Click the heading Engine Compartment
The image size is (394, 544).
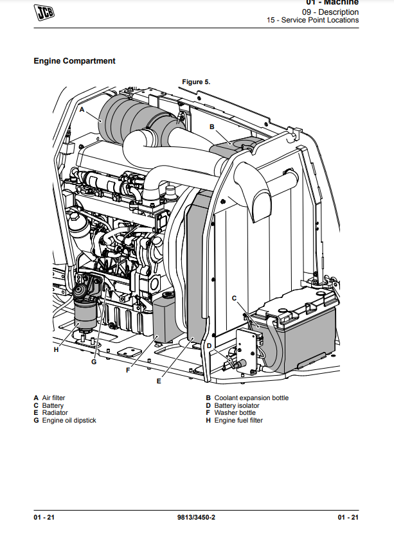75,61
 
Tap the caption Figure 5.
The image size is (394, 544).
196,82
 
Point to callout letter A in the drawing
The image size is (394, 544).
82,110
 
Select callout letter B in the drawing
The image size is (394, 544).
212,127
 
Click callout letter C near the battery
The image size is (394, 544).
234,298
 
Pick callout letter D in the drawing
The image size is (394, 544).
209,346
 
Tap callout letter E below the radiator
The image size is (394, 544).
159,381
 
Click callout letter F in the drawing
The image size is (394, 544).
128,369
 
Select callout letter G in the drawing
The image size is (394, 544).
93,362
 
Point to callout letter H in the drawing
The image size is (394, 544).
56,349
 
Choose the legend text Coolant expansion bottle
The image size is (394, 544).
251,398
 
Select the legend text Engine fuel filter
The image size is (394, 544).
238,421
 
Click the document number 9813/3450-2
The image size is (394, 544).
196,518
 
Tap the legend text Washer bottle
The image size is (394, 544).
235,413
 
